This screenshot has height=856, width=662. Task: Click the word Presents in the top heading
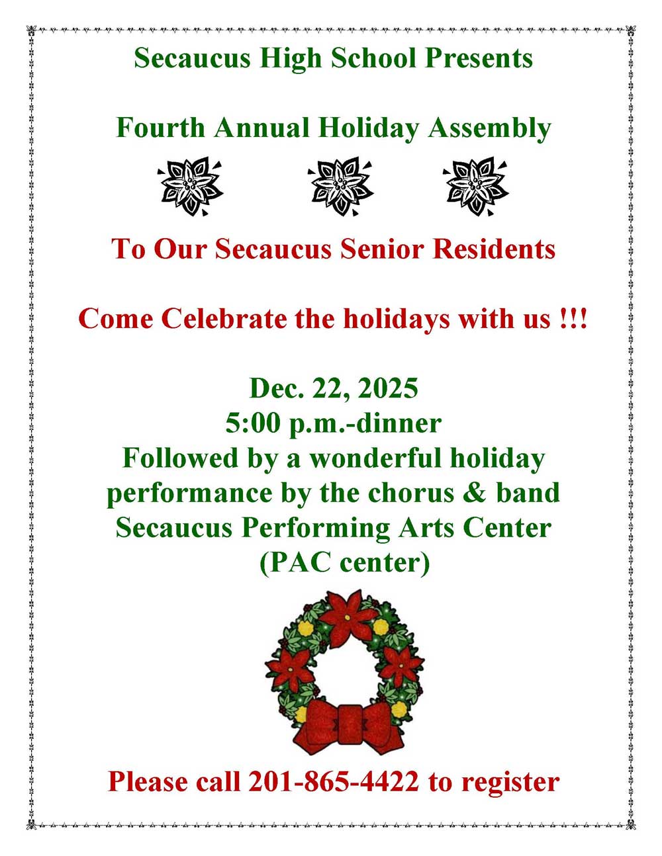pyautogui.click(x=479, y=58)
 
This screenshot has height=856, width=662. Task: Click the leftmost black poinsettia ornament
pyautogui.click(x=191, y=187)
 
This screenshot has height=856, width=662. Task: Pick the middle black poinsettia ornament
pyautogui.click(x=340, y=187)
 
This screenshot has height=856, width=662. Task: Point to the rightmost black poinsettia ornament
pyautogui.click(x=476, y=187)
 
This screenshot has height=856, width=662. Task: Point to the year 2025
pyautogui.click(x=388, y=388)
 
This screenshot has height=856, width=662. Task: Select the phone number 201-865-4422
pyautogui.click(x=334, y=781)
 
